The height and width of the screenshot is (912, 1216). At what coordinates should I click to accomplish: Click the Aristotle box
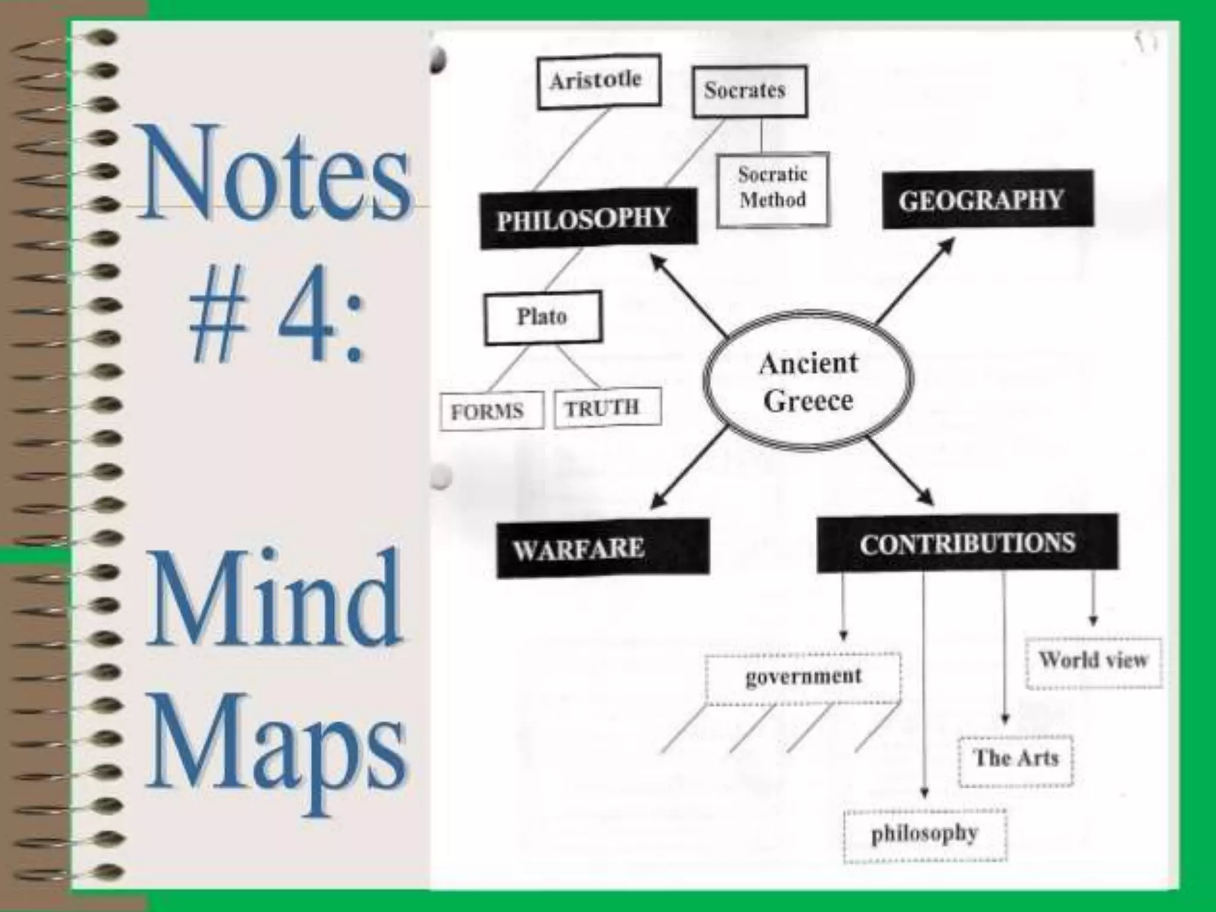click(x=598, y=81)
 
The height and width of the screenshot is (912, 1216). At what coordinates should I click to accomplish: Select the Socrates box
click(x=749, y=91)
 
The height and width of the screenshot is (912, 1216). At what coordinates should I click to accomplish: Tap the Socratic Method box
click(x=772, y=189)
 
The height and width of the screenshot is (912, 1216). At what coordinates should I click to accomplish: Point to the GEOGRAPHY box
click(x=987, y=200)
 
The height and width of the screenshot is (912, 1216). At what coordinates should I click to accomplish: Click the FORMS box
click(x=491, y=410)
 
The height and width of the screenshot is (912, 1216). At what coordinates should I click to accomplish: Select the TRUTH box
click(x=607, y=407)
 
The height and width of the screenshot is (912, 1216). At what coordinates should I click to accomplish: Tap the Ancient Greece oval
click(x=808, y=381)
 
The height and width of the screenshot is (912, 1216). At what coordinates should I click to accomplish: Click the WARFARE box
click(x=602, y=547)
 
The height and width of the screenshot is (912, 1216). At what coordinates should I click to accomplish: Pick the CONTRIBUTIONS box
click(x=967, y=543)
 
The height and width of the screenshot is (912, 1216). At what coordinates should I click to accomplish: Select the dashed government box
click(x=803, y=677)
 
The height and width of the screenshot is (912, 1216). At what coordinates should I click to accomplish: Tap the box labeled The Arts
click(x=1016, y=759)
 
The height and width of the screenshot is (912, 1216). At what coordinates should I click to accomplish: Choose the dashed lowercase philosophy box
click(x=924, y=834)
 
